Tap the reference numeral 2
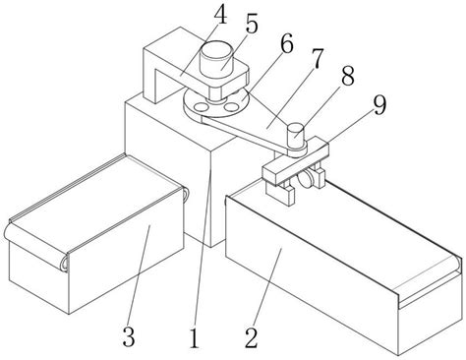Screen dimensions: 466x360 coord(252,337)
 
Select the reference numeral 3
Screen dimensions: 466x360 coord(129,336)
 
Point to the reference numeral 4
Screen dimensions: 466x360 coord(220,15)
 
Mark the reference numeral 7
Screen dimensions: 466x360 coord(317,59)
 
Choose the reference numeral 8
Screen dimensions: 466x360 coord(347,76)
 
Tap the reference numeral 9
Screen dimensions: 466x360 coord(379,105)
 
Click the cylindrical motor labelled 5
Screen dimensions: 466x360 coord(215,59)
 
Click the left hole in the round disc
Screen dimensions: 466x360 coord(201,106)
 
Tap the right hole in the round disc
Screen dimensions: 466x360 coord(231,106)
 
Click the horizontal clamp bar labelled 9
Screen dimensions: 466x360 coord(295,160)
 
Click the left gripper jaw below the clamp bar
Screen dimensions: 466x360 coord(280,194)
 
